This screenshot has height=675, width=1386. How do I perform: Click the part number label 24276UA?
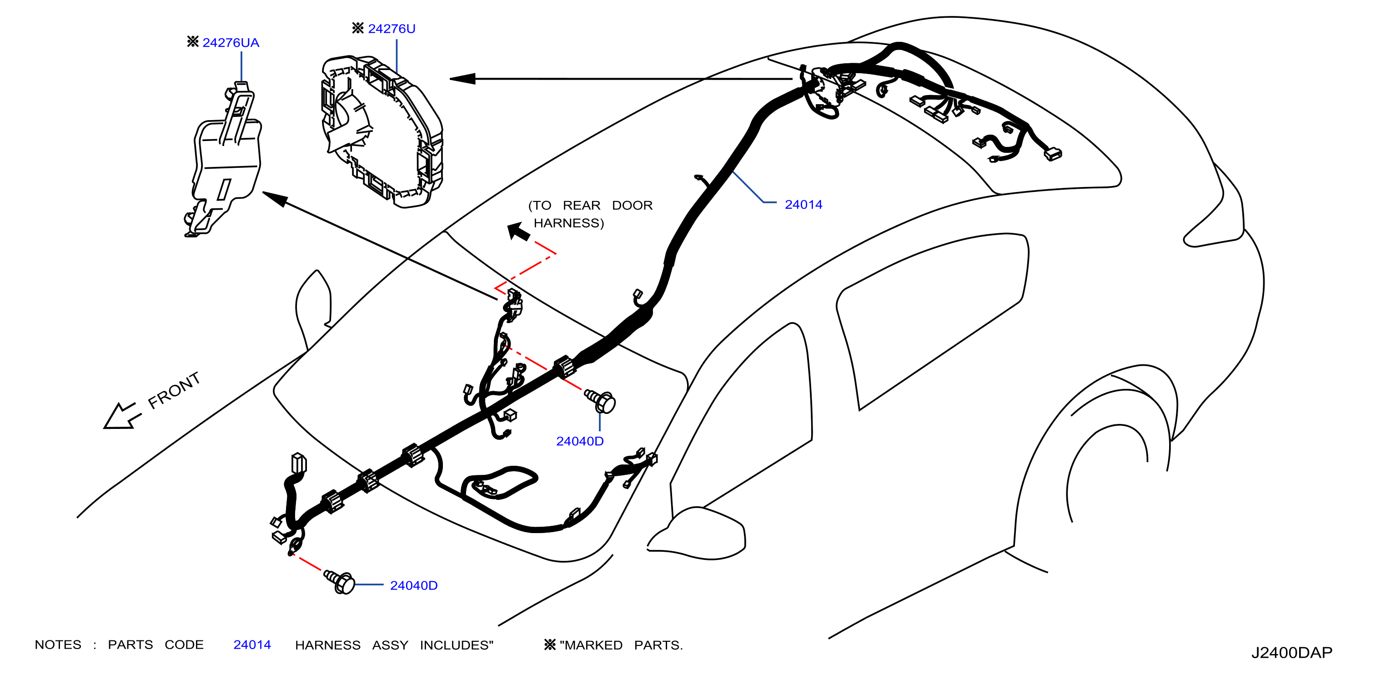coord(231,42)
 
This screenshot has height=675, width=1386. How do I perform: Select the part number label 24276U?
coord(392,29)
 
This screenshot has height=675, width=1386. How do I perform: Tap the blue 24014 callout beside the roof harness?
coord(803,205)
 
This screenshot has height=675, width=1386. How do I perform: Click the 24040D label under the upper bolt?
coord(579,441)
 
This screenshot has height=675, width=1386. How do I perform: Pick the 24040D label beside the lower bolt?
coord(413,585)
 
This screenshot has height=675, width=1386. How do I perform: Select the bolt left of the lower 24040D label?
coord(339,582)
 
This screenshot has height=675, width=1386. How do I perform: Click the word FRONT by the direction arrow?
coord(174,390)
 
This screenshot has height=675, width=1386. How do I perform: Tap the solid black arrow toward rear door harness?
coord(519,232)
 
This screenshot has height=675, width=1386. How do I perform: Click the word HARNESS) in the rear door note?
coord(569,223)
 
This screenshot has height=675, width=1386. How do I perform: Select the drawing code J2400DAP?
coord(1291,652)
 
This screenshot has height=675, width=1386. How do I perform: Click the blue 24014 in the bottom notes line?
coord(252,645)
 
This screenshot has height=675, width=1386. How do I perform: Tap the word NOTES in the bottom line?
coord(58,645)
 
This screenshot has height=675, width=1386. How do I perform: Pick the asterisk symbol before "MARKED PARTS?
coord(550,645)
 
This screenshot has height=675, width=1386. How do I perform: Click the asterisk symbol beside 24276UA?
coord(193,41)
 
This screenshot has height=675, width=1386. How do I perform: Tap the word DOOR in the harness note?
coord(632,205)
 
